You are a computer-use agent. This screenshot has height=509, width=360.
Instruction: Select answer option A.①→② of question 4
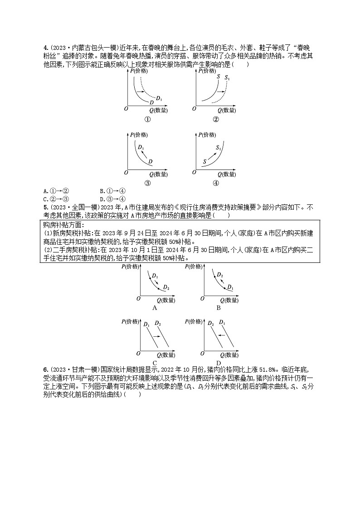(56, 191)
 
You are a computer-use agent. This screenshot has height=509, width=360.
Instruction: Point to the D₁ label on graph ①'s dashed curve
(159, 98)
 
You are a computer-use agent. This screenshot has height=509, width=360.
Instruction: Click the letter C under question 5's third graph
(155, 363)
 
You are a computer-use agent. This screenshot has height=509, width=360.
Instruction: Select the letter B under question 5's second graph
(218, 308)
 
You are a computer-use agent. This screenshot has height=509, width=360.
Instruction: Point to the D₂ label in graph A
(166, 288)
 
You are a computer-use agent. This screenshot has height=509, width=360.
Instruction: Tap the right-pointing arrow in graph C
(155, 336)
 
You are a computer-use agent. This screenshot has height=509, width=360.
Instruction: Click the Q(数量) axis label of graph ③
(158, 174)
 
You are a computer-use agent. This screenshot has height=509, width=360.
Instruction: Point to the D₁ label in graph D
(222, 323)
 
